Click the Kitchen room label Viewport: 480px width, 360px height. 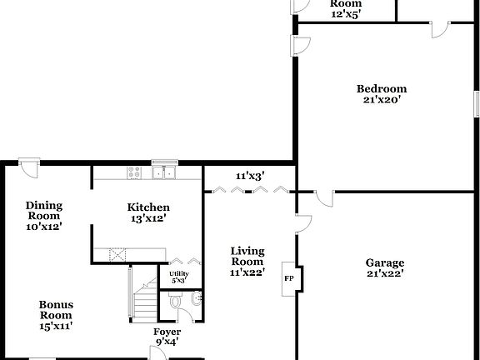point(148,207)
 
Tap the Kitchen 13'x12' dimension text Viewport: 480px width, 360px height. point(148,218)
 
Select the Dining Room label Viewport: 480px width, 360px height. point(44,210)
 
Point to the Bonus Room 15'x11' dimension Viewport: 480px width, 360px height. point(56,326)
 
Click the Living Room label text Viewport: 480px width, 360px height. point(247,257)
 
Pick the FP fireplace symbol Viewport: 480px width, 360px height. point(290,278)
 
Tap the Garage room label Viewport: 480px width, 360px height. point(385,263)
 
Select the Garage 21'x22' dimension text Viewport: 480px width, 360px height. point(385,274)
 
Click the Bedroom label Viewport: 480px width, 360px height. point(382,89)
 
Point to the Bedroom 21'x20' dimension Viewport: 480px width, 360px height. point(382,100)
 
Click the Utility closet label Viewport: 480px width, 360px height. point(178,274)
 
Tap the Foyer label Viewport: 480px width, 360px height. point(167,332)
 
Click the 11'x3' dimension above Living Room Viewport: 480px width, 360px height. point(249,176)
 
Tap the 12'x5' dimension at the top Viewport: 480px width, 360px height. point(346,14)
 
